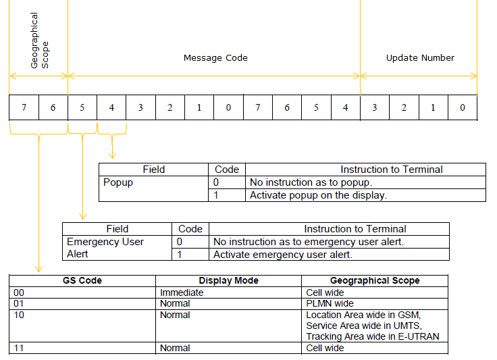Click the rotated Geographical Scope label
40,41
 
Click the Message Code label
215,58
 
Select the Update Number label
420,58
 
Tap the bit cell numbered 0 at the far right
463,108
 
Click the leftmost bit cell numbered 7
24,108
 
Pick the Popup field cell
153,189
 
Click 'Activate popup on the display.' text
318,195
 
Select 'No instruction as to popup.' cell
365,182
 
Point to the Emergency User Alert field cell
117,248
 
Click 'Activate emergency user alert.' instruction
283,255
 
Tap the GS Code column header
82,281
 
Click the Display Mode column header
228,281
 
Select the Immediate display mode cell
228,292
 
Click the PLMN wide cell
375,303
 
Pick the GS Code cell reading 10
82,326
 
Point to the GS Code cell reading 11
82,348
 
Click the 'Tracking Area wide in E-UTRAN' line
373,336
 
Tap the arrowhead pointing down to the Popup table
112,155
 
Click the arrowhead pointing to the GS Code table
38,269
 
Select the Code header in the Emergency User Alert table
190,229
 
